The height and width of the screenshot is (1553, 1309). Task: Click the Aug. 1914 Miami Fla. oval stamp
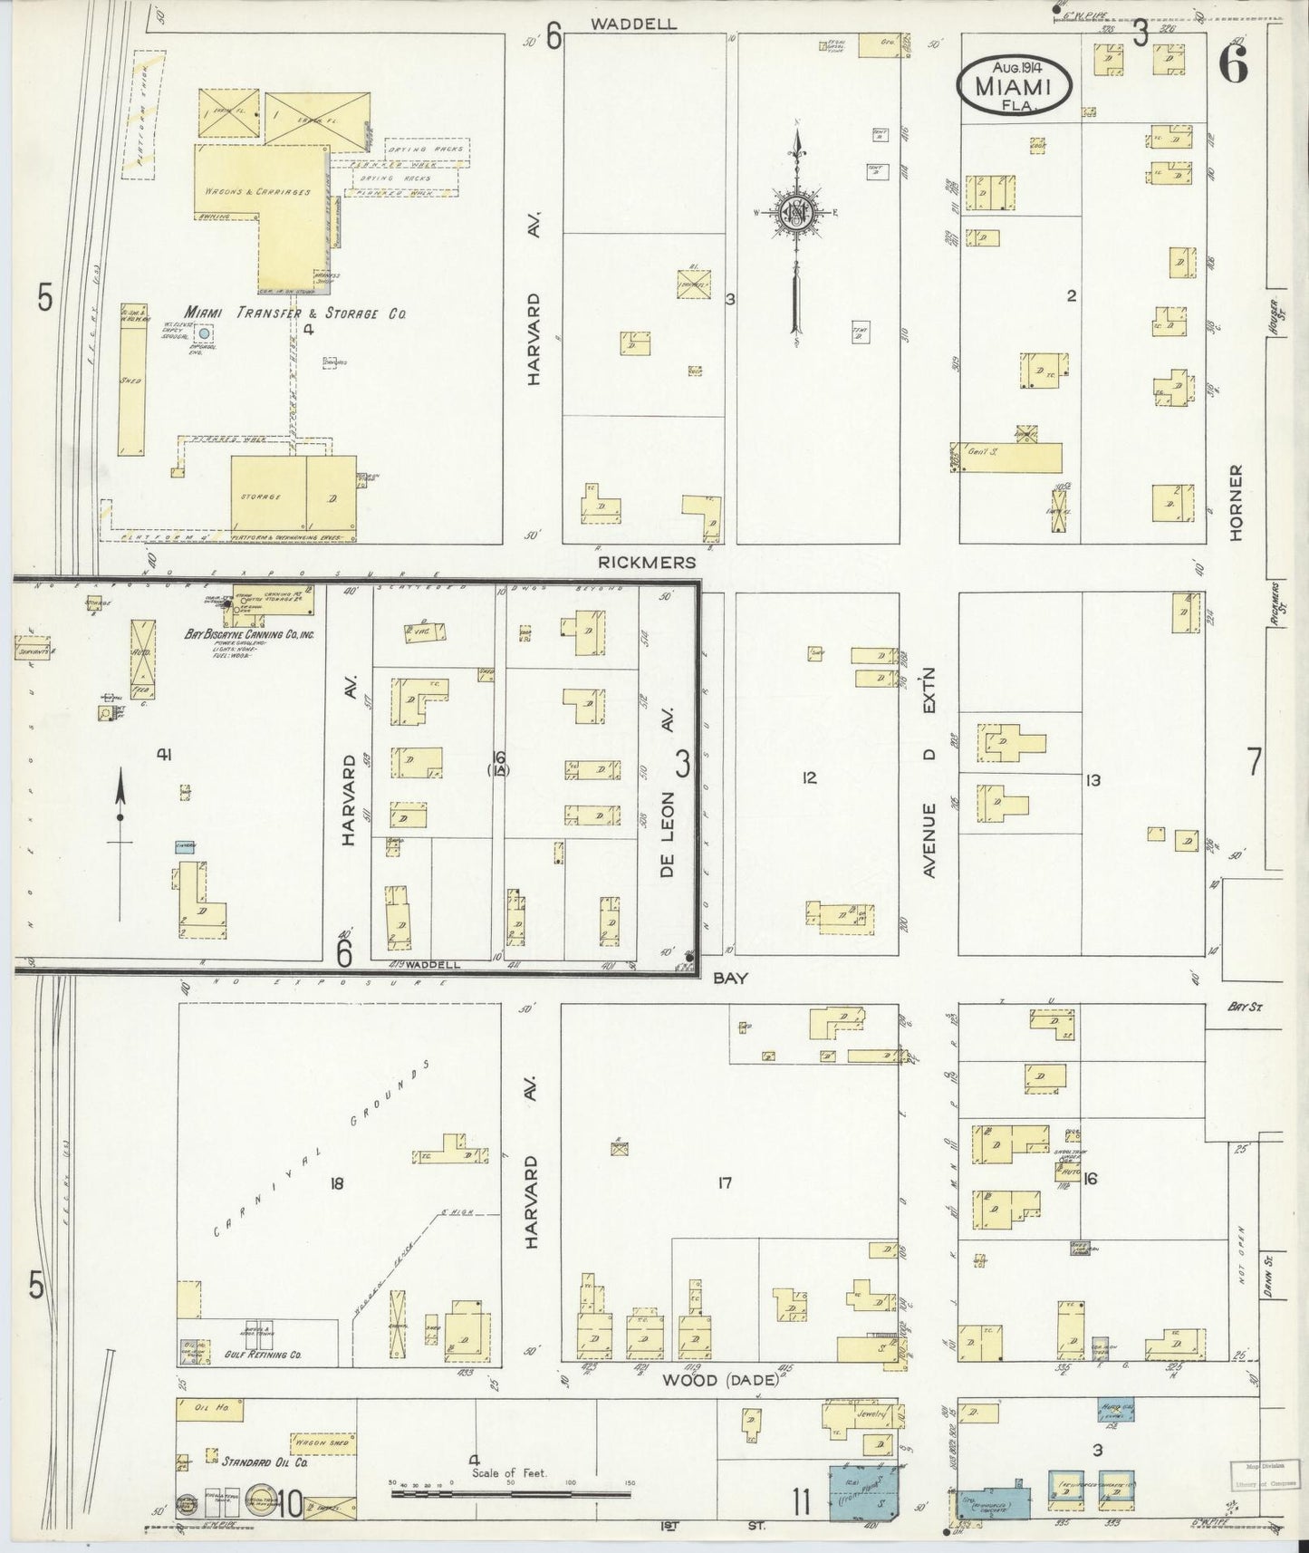1015,86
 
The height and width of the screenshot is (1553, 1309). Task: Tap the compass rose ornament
796,214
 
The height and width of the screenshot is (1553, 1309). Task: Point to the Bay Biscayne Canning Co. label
249,635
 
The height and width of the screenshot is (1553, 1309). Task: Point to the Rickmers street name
647,563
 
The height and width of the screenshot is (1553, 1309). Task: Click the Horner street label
1237,503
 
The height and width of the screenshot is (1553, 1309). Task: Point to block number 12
809,776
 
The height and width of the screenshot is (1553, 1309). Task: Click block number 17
724,1182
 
